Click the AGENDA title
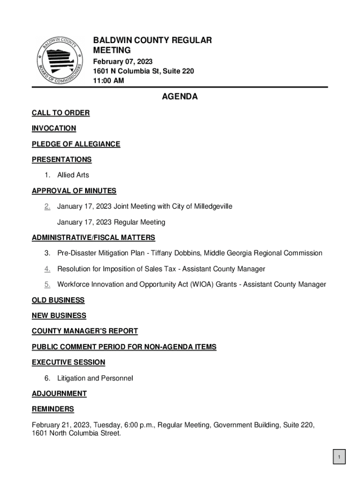(180, 97)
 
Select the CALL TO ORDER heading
(61, 113)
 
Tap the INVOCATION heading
(54, 128)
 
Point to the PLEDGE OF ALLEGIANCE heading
(76, 144)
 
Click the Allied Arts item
(73, 175)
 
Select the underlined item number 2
(47, 206)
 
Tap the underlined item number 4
(47, 269)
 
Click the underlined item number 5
(47, 284)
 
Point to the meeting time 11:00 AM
(108, 81)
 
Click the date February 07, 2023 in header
(122, 62)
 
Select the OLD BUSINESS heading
(58, 300)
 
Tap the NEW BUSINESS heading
(59, 316)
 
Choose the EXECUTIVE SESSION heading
(68, 362)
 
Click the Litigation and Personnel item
(95, 378)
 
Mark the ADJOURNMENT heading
(59, 393)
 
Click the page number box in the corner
(339, 457)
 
